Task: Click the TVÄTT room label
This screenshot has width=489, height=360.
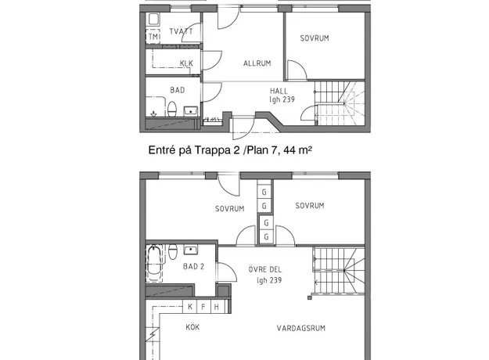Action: point(181,31)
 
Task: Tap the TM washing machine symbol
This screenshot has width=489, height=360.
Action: point(153,37)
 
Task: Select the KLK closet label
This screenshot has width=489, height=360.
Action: point(186,63)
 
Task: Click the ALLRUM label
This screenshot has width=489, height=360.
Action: point(257,63)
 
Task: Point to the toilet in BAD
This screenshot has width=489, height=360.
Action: point(172,109)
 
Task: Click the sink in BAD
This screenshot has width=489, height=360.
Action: point(191,111)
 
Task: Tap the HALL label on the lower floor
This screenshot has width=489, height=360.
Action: point(279,91)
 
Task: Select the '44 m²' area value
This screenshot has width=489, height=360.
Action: point(297,150)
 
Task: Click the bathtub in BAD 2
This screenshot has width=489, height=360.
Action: point(154,264)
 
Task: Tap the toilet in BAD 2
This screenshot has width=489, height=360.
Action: point(173,251)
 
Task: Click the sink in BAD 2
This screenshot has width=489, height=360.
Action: point(191,250)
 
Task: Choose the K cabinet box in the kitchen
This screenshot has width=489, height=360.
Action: point(190,306)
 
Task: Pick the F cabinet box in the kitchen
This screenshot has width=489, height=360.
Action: point(203,306)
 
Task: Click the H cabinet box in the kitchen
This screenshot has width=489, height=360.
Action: point(217,306)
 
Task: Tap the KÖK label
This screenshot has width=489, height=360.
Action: point(192,327)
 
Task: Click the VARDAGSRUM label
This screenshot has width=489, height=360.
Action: point(301,328)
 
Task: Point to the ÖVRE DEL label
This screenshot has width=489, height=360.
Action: point(264,269)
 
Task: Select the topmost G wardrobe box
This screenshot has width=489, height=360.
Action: point(264,193)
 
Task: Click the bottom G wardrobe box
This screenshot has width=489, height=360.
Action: point(266,237)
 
